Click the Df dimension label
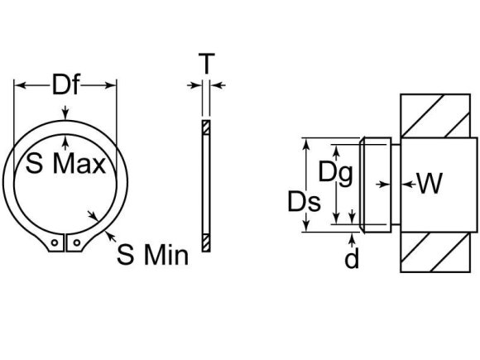click(67, 86)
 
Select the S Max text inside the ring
click(67, 164)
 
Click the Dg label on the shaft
click(336, 172)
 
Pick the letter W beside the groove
click(429, 183)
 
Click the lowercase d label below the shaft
click(353, 260)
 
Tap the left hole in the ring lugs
click(55, 243)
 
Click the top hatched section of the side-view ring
click(205, 127)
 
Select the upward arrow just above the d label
click(353, 238)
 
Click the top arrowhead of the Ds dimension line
click(308, 143)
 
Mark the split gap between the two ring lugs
click(66, 243)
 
